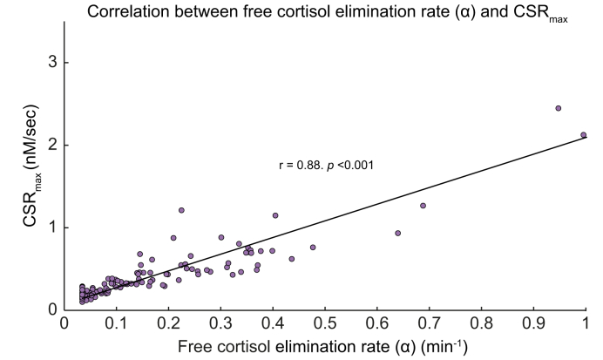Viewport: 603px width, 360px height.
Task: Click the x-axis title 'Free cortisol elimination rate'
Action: click(323, 346)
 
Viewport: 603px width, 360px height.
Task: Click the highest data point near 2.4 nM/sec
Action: click(559, 108)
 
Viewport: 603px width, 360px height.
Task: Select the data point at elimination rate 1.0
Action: click(584, 135)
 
